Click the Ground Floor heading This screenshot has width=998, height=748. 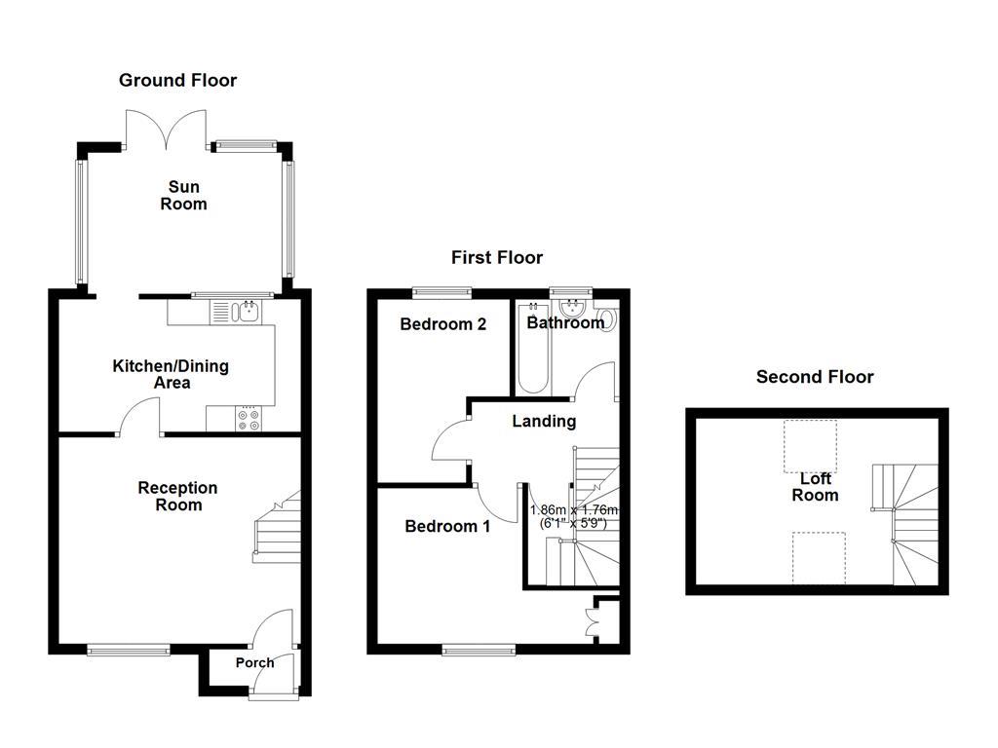177,81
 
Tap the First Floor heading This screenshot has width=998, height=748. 496,258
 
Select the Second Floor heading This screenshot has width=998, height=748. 815,377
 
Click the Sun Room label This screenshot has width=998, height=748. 184,195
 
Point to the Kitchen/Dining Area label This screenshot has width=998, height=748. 171,374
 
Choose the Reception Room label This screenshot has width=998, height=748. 177,496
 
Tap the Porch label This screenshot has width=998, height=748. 254,662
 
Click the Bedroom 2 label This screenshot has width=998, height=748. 442,324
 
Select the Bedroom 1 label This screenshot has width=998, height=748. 447,526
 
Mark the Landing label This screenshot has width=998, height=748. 544,421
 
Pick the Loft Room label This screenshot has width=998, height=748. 815,487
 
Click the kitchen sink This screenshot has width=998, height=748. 247,312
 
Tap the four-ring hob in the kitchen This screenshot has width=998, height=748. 249,419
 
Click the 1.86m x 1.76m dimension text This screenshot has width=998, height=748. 574,516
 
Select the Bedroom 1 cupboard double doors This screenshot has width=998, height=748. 594,622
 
